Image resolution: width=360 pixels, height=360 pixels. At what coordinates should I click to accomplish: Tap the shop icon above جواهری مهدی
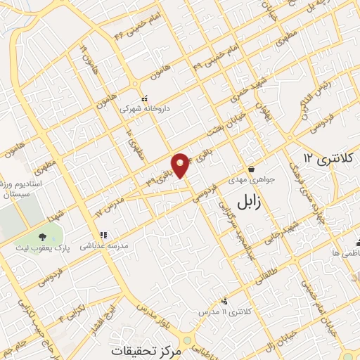[252, 169]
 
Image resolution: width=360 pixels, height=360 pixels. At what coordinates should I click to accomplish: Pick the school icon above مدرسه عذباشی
[103, 236]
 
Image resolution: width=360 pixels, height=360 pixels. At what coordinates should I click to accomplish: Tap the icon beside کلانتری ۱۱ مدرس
[224, 302]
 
